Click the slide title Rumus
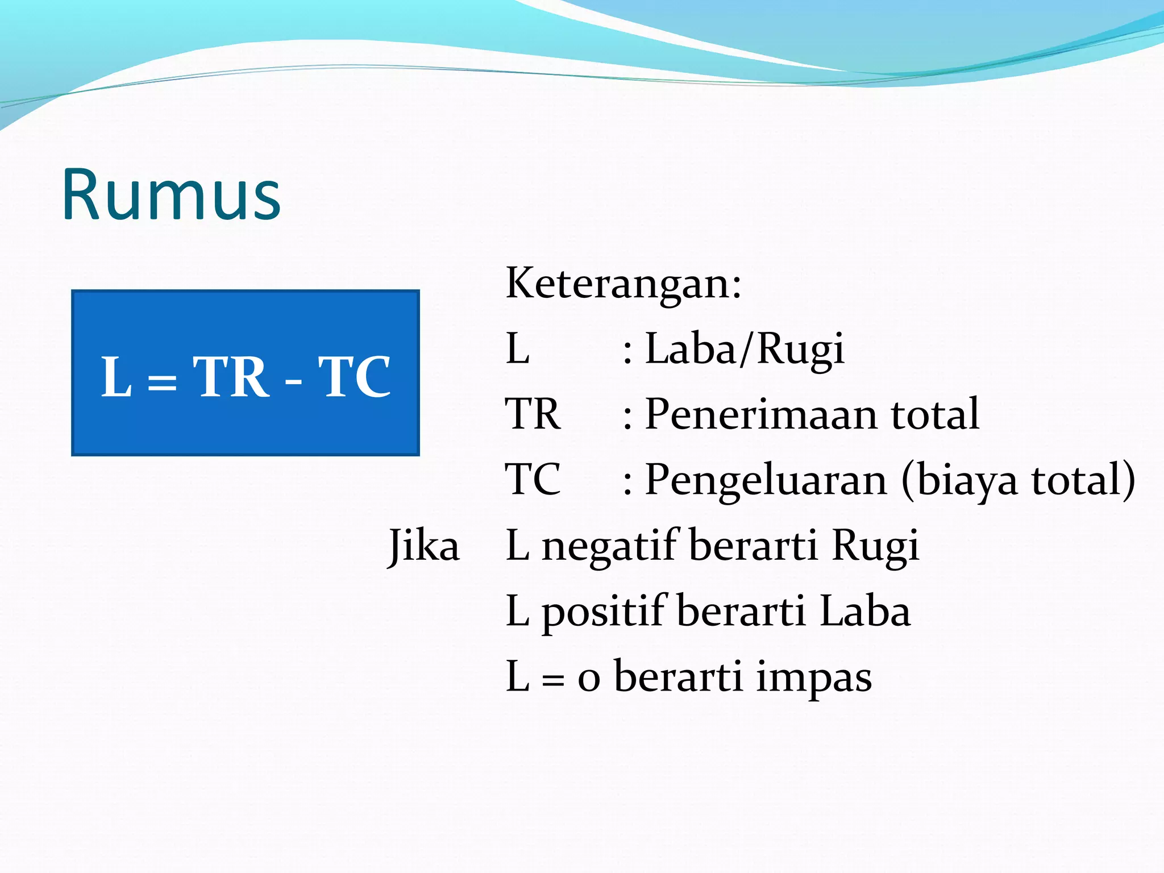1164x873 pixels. point(171,195)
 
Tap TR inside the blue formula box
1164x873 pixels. point(231,377)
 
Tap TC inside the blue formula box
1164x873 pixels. point(355,377)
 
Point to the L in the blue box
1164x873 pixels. point(117,377)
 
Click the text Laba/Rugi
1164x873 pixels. point(745,349)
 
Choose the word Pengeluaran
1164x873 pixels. point(766,480)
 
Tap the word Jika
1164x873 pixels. point(423,546)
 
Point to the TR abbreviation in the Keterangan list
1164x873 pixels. point(533,414)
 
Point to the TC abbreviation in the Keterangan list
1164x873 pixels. point(533,480)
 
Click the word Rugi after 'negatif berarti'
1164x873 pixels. point(875,546)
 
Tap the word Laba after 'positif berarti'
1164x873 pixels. point(865,612)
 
